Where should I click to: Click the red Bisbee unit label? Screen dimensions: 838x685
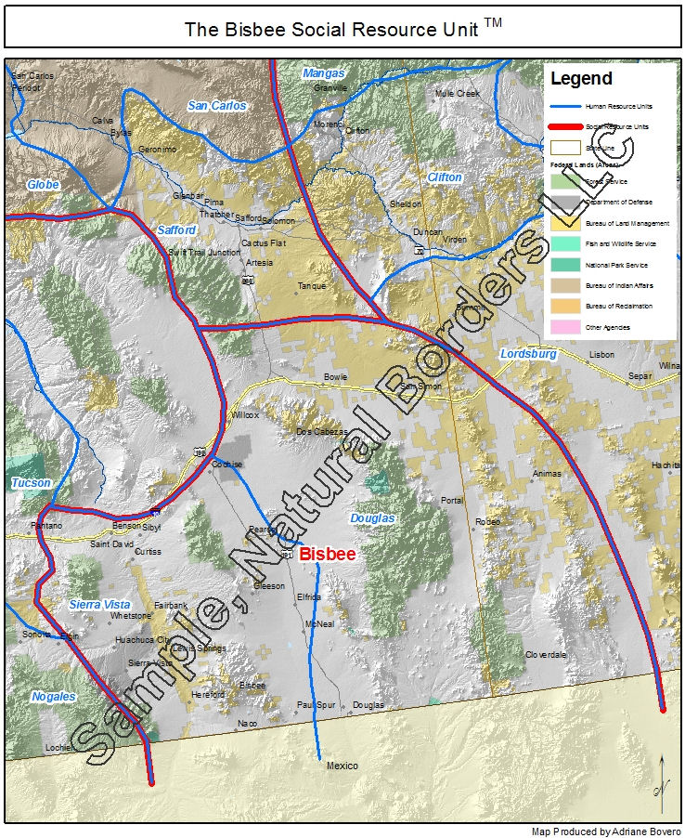pos(328,554)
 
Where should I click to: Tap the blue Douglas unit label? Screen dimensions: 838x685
pos(372,517)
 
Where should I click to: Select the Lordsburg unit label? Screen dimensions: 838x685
pos(527,354)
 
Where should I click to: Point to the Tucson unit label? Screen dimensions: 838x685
pos(31,483)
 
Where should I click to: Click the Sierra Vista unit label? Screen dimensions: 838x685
pos(98,605)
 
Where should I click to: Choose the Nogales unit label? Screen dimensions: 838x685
pos(53,696)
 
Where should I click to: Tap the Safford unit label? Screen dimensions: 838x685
pos(176,229)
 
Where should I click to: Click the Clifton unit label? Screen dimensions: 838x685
pos(445,177)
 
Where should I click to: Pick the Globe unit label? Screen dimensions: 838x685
pos(43,185)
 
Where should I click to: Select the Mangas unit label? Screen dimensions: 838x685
pos(323,73)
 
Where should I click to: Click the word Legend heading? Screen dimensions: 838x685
pos(581,79)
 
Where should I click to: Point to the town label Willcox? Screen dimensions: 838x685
pos(245,414)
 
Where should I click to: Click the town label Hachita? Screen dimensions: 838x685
pos(666,465)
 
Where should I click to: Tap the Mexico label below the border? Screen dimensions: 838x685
pos(342,766)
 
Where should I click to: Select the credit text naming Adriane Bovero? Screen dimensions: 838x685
pos(606,831)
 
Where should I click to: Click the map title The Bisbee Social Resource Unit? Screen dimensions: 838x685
pos(342,29)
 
